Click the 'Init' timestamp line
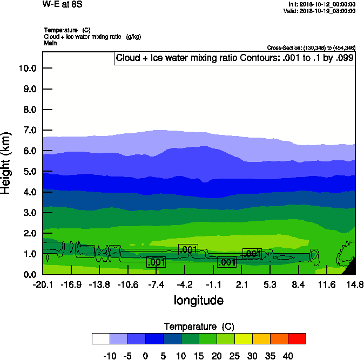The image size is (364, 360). tap(322, 4)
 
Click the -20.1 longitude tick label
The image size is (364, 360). tap(42, 284)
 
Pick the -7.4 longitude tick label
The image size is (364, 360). tap(156, 284)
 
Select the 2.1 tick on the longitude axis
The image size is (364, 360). tap(242, 284)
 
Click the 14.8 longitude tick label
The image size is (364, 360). tap(355, 284)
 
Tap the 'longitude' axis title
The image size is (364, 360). tap(198, 300)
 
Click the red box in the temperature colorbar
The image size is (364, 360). tap(297, 338)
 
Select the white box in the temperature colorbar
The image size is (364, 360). tap(101, 338)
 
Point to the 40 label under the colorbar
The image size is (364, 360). tap(288, 356)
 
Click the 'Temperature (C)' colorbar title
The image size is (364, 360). tap(199, 327)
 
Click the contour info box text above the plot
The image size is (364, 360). tap(234, 58)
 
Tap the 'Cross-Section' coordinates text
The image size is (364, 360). tap(311, 48)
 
